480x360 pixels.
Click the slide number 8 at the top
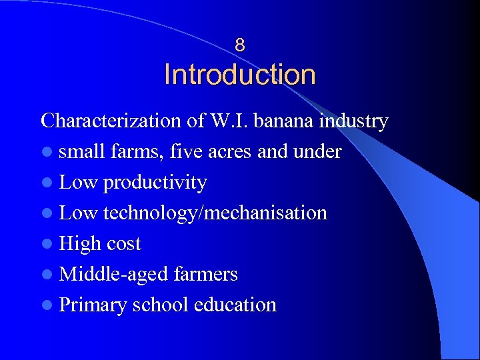click(x=240, y=45)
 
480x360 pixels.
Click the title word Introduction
click(x=240, y=75)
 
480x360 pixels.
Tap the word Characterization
click(x=110, y=121)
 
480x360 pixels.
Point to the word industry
click(x=354, y=121)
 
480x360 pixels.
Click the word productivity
click(x=155, y=183)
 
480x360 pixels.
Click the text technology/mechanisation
click(x=215, y=213)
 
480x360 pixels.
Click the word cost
click(x=124, y=244)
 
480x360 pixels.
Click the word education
click(x=235, y=305)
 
